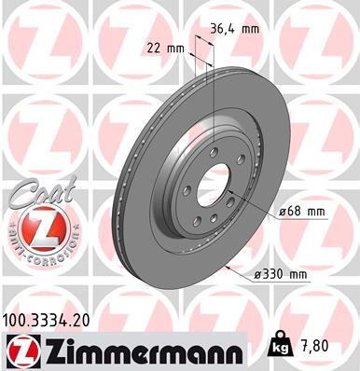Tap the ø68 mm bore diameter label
301,213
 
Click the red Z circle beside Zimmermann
21,350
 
